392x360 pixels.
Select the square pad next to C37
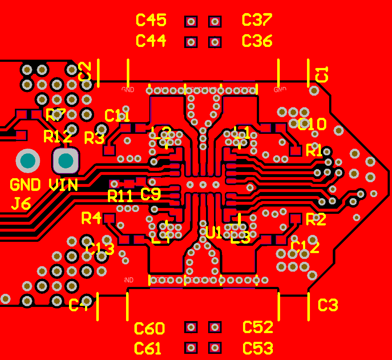215,22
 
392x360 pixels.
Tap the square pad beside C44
191,43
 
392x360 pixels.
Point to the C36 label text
257,41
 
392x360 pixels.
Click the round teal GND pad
28,161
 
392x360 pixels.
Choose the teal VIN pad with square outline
66,160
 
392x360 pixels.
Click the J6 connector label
20,204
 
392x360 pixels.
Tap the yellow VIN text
63,185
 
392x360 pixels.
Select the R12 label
57,137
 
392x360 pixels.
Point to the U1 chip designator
214,233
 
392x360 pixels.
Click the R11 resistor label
120,196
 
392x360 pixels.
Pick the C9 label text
150,195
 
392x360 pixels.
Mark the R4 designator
91,218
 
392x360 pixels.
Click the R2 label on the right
316,219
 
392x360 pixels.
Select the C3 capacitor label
328,305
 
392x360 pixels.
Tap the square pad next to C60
191,327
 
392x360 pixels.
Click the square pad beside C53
215,348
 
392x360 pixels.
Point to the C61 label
147,349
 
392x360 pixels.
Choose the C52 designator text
258,327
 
